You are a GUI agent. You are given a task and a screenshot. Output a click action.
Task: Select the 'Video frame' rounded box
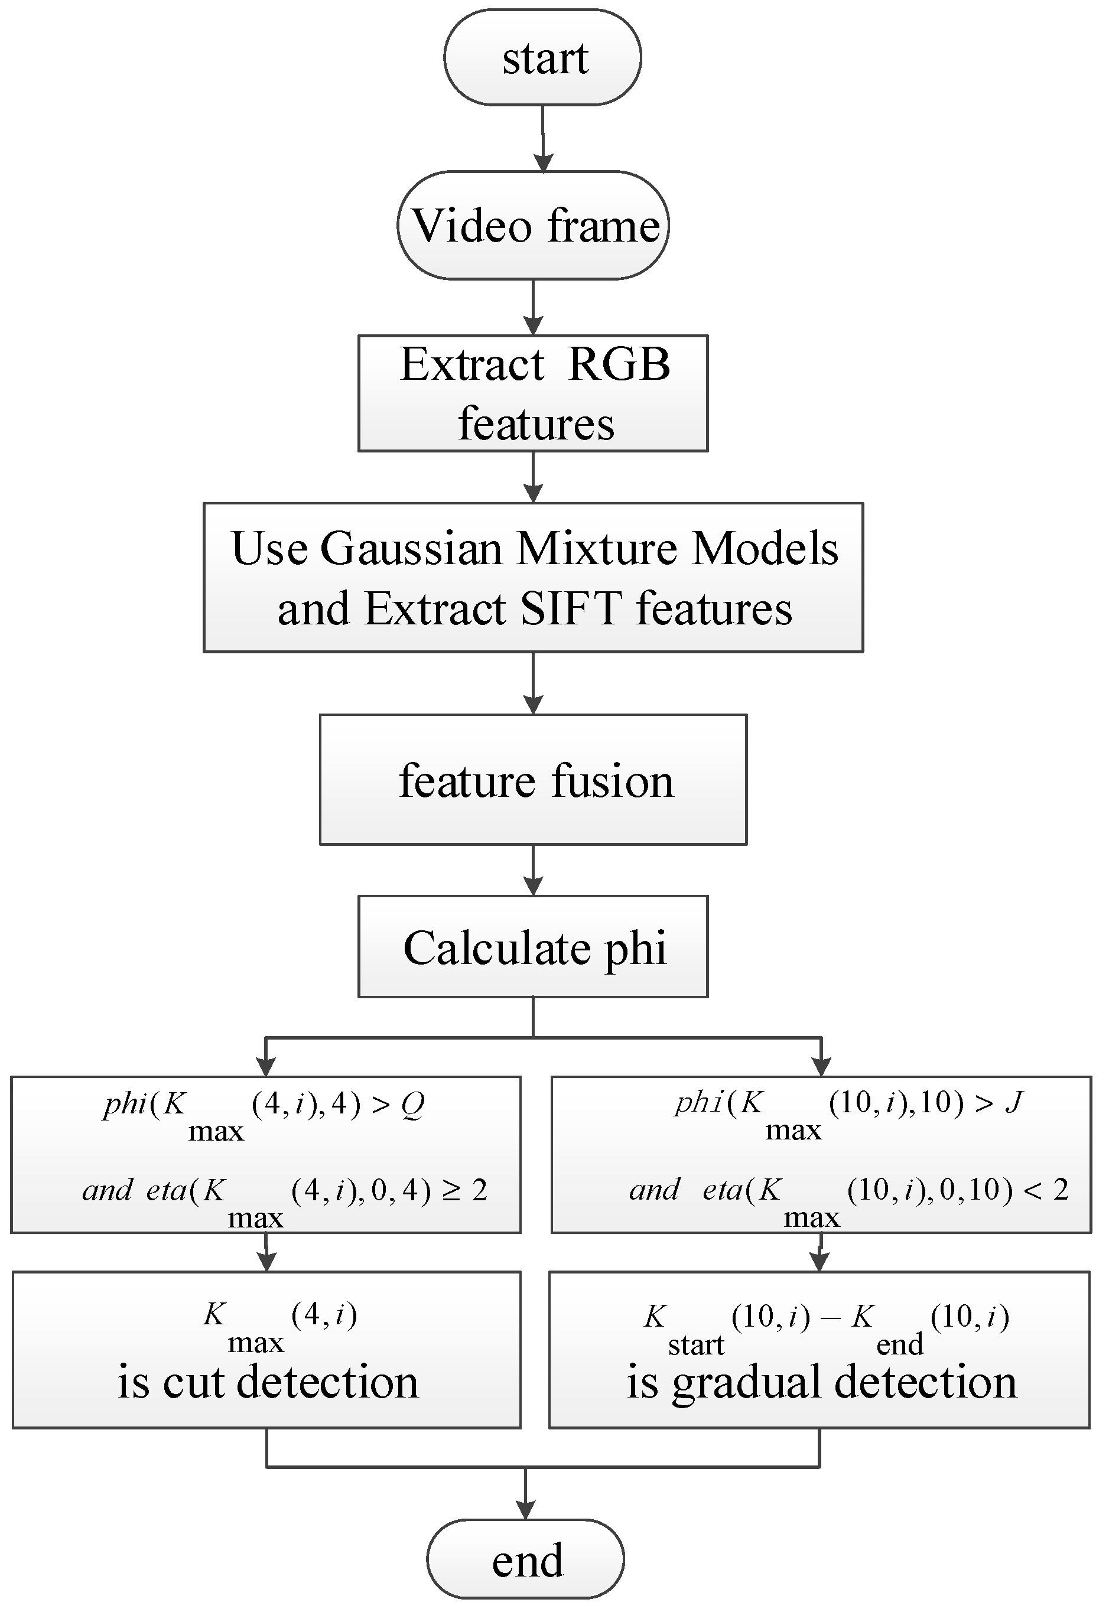[x=533, y=225]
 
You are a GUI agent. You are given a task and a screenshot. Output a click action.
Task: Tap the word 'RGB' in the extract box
[x=619, y=364]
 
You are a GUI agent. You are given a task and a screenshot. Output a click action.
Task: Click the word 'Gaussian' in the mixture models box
[x=411, y=549]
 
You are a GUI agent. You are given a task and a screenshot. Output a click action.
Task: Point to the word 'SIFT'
[x=571, y=609]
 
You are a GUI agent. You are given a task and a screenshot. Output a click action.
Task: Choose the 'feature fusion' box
[x=533, y=780]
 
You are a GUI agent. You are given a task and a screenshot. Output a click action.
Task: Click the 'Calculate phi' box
[x=533, y=947]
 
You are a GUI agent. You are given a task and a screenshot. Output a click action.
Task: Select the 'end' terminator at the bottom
[x=525, y=1559]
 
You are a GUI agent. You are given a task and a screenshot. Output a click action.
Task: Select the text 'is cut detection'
[x=268, y=1382]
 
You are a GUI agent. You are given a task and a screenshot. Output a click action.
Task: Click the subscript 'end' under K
[x=899, y=1346]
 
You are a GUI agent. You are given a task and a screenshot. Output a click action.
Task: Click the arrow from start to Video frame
[x=543, y=139]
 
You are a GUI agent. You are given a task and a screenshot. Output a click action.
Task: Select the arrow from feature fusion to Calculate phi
[x=533, y=871]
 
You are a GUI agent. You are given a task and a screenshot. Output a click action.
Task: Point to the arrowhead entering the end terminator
[x=525, y=1510]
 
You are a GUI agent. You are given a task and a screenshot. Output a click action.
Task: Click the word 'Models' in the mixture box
[x=765, y=549]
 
